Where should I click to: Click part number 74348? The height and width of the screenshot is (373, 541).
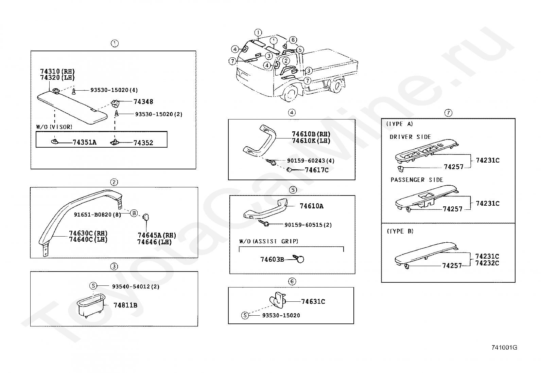point(143,101)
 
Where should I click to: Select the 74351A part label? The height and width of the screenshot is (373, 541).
point(84,143)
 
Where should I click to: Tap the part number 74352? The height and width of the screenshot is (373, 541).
point(143,143)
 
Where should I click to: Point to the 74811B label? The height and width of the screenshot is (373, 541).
point(125,305)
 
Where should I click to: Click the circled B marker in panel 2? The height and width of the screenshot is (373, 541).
point(134,213)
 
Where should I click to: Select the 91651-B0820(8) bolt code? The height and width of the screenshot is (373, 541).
point(98,215)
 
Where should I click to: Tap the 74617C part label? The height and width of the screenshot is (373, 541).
point(316,170)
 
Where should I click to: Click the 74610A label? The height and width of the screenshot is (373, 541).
point(311,206)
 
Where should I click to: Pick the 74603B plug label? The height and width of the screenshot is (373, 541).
point(272,260)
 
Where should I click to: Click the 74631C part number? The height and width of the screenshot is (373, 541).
point(313,301)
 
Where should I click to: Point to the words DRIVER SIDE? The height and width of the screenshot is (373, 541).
point(410,137)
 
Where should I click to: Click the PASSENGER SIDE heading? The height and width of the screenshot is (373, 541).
point(417,180)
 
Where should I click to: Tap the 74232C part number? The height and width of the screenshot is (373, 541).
point(487,263)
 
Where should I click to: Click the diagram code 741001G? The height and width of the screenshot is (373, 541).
point(504,347)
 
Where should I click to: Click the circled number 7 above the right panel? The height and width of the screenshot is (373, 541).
point(449,113)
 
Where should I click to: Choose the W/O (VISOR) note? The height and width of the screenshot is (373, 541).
point(54,127)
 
